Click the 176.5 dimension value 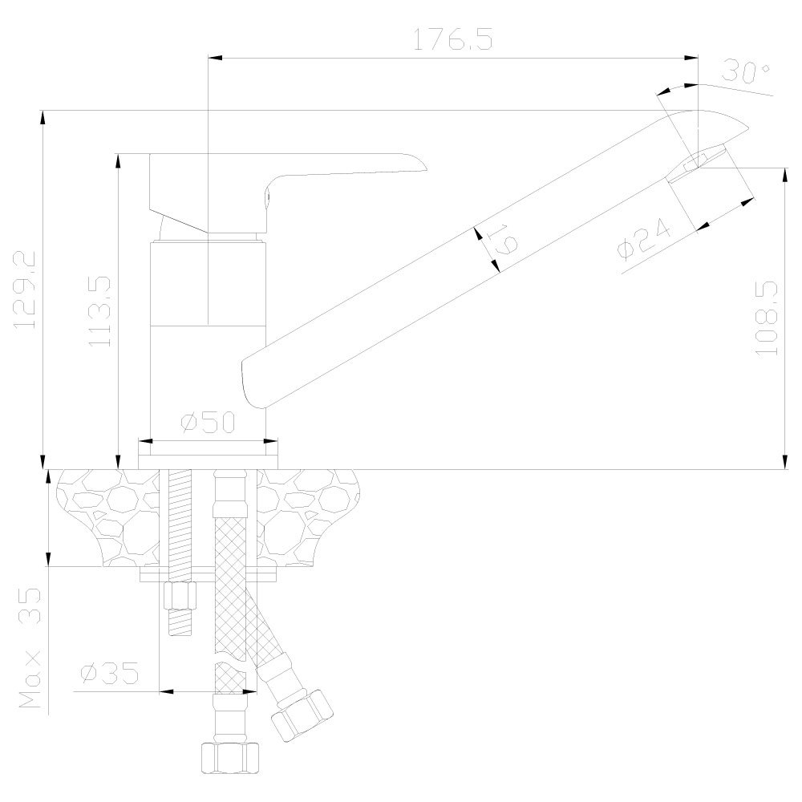tap(452, 41)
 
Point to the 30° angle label tap(745, 72)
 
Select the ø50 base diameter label tap(208, 423)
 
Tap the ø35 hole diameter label tap(110, 672)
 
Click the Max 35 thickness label tap(30, 650)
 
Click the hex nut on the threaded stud tap(180, 596)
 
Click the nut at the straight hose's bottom tap(229, 756)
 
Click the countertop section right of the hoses tap(313, 513)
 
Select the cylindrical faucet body tap(208, 337)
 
